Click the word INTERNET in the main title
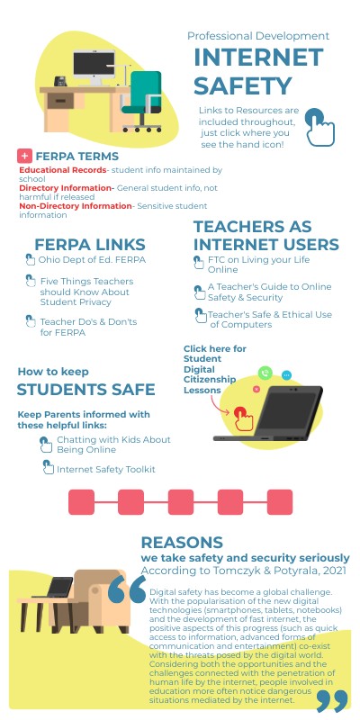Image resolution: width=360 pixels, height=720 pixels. click(x=258, y=58)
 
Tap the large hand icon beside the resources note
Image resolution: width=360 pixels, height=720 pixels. click(x=317, y=126)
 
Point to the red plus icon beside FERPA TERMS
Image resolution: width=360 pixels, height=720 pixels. click(x=25, y=156)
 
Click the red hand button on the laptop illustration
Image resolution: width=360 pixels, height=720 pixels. click(x=240, y=416)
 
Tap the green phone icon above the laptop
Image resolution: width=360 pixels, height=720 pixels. click(x=265, y=373)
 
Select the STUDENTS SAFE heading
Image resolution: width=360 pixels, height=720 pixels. click(x=86, y=390)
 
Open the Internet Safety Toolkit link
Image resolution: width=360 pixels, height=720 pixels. click(x=105, y=469)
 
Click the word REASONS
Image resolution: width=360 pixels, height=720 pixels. click(x=182, y=542)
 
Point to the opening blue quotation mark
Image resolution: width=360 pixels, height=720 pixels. click(x=127, y=591)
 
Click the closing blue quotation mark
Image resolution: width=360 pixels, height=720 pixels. click(x=332, y=699)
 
